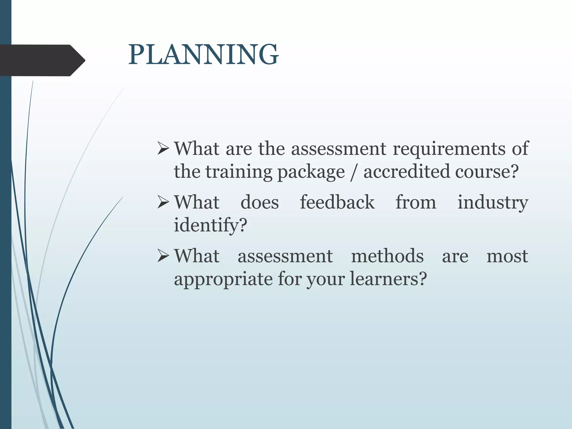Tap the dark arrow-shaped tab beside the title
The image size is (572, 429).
coord(42,60)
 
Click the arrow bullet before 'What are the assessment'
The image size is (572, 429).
coord(163,148)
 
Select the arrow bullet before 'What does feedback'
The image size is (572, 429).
coord(163,202)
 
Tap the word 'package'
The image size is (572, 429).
coord(311,172)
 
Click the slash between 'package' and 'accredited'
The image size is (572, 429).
coord(354,172)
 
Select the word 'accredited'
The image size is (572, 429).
coord(406,171)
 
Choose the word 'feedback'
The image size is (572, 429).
coord(337,202)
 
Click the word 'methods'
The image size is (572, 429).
coord(387,256)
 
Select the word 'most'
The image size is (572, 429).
coord(507,256)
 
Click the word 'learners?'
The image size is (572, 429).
coord(388,279)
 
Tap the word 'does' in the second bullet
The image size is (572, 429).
coord(259,202)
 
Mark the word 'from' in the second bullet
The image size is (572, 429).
coord(416,202)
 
